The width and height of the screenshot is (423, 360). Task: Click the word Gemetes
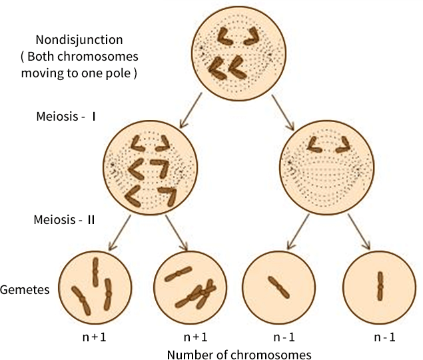coord(24,291)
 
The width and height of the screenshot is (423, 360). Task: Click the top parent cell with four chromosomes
coord(236,50)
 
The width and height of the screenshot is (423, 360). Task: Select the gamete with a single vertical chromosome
coord(378,287)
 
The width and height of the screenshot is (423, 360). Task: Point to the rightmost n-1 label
coord(384,337)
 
